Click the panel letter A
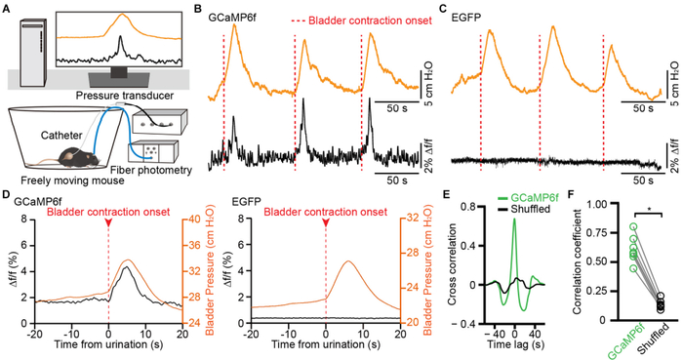[7, 8]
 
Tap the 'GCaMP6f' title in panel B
[230, 17]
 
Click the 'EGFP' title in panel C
[469, 17]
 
